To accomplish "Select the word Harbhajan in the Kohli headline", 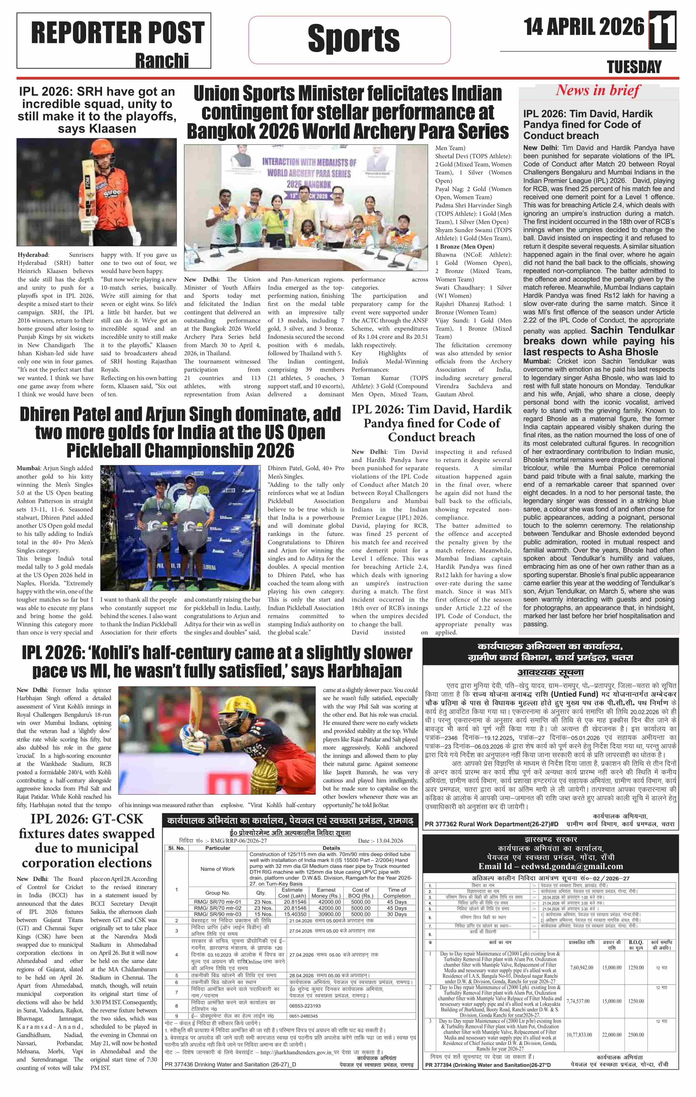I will (x=364, y=671).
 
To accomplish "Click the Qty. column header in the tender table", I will (x=261, y=893).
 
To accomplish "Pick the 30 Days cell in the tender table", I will (x=397, y=914).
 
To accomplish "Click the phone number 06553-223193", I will (x=305, y=1006).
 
